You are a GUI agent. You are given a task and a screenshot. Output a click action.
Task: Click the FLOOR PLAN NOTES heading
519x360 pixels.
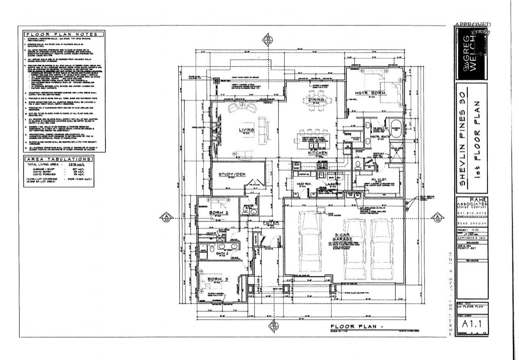click(x=62, y=34)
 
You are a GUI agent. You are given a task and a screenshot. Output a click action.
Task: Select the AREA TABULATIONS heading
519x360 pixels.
click(x=62, y=159)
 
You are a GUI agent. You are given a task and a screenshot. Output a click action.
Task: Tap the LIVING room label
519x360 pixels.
click(x=247, y=130)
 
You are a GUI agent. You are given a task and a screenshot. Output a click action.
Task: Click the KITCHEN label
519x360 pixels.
click(x=318, y=153)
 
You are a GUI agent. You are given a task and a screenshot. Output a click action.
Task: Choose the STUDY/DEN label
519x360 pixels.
click(x=231, y=174)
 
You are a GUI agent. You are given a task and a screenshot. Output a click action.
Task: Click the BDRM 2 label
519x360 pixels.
click(x=217, y=213)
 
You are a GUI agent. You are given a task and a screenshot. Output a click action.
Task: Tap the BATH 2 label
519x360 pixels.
click(x=222, y=254)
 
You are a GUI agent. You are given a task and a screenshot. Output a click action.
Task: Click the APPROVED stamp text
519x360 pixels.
click(x=472, y=25)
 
